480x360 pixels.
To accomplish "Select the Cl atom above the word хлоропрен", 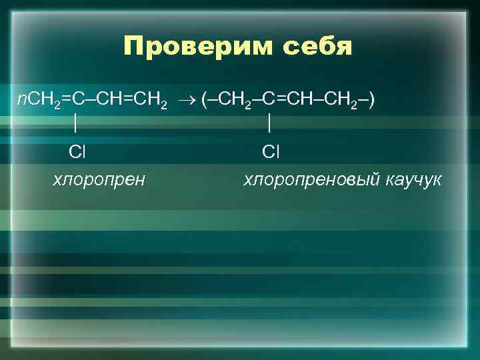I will point(77,153).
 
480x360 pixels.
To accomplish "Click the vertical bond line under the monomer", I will point(77,125).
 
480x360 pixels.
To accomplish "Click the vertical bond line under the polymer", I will point(269,125).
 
